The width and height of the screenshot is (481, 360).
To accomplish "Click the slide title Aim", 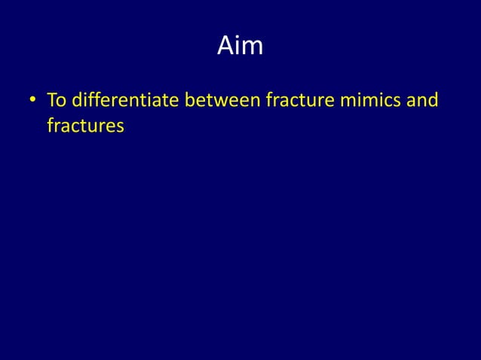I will click(x=240, y=47).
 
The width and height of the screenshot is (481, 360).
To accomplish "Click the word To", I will click(x=57, y=100).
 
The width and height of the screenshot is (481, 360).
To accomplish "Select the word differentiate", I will click(x=124, y=100).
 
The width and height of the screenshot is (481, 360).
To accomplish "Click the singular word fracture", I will click(x=299, y=100).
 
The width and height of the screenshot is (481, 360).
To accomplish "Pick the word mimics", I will click(x=372, y=100).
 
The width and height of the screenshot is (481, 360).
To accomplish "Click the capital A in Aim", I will click(x=225, y=47).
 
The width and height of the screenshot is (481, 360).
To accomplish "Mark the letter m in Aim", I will click(x=253, y=49).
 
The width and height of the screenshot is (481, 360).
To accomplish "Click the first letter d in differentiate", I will click(x=76, y=100).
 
